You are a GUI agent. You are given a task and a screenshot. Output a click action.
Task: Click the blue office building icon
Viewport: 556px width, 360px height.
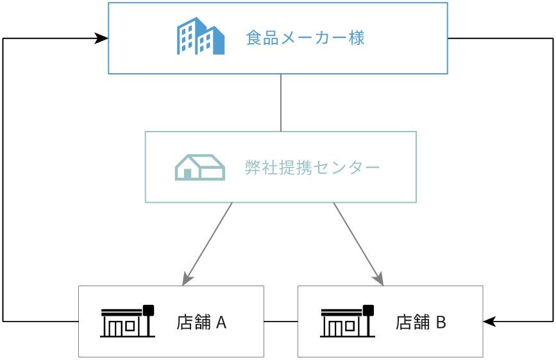tap(201, 37)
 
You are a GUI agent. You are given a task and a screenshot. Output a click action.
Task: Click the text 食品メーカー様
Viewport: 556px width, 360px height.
tap(305, 38)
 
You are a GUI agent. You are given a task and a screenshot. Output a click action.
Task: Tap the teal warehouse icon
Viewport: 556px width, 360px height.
tap(199, 167)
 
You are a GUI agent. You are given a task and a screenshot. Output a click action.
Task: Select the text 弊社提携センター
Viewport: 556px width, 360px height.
tap(312, 167)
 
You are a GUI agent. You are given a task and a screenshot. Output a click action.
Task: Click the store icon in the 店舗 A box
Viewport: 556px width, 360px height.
tap(127, 321)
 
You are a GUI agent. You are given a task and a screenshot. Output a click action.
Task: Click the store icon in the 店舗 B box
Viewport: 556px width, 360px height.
tap(347, 321)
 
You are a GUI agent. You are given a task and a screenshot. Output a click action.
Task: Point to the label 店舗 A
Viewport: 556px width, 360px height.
tap(201, 322)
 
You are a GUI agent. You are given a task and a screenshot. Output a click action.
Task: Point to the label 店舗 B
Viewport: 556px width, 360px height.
tap(421, 322)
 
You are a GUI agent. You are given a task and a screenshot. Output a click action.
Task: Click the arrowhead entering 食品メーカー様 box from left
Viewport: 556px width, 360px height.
tap(101, 39)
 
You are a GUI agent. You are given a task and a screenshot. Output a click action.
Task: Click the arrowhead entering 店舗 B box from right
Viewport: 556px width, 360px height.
tap(490, 321)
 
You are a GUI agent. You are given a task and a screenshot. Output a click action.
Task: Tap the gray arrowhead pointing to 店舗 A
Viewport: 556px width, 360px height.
tap(187, 279)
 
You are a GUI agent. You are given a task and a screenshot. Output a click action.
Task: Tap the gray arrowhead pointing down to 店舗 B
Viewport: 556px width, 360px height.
tap(378, 279)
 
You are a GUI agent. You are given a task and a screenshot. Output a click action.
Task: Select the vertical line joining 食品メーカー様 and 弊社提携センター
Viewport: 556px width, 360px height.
tap(281, 103)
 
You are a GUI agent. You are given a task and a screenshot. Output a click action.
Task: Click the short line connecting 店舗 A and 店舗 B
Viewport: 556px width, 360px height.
tap(280, 321)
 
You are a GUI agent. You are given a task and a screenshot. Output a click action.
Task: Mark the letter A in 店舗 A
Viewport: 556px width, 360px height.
tap(221, 322)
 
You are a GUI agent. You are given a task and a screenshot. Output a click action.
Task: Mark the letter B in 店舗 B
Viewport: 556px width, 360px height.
tap(441, 322)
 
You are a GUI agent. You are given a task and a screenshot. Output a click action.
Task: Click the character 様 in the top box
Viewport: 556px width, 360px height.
tap(357, 38)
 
